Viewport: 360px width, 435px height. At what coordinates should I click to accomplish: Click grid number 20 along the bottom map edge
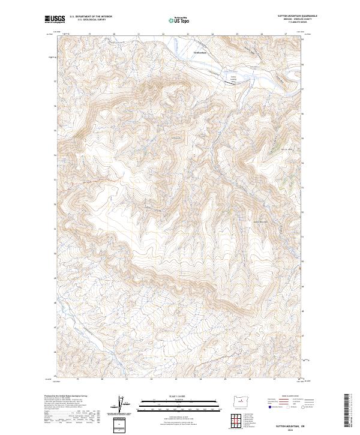tap(103, 379)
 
